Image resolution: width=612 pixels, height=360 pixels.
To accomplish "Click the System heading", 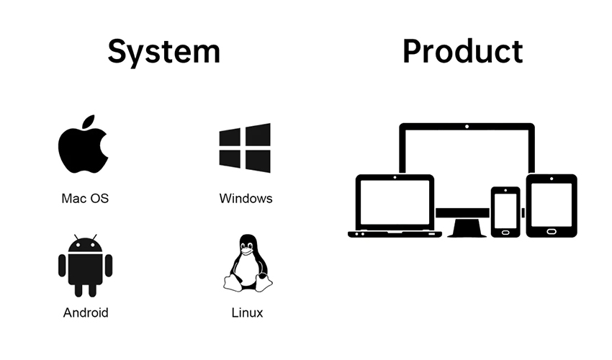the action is pos(164,51).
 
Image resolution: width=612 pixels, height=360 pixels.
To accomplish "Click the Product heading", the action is pos(462,51).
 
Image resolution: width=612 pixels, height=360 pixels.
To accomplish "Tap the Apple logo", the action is pos(83,144).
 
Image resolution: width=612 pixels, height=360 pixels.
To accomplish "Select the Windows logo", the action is pos(245,148).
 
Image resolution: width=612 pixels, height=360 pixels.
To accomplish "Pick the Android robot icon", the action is pos(86,266).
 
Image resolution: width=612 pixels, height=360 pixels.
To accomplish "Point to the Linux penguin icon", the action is pos(248,263).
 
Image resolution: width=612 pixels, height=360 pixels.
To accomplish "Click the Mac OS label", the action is pos(85,198).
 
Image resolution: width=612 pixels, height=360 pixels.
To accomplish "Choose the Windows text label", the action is pos(246,198).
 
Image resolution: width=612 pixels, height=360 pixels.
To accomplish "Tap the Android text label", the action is pos(86,312).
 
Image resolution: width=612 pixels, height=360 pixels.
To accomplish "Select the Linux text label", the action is pos(247,312).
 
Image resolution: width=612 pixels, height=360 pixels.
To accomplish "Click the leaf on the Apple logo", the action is pos(89,121).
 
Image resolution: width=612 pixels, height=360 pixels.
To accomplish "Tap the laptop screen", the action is pos(395,202).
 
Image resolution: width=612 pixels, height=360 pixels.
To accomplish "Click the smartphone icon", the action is pos(505,212).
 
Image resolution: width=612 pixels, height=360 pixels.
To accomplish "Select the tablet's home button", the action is pos(552,232).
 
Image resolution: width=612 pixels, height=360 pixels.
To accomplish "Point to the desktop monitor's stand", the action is pos(467,228).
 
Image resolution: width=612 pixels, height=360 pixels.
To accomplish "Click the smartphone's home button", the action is pos(505,233).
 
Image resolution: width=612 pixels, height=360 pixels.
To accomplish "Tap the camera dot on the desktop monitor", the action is pos(467,127).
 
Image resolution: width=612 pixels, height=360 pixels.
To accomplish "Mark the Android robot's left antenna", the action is pos(76,237).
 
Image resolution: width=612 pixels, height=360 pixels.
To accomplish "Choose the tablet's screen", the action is pos(552,204).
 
